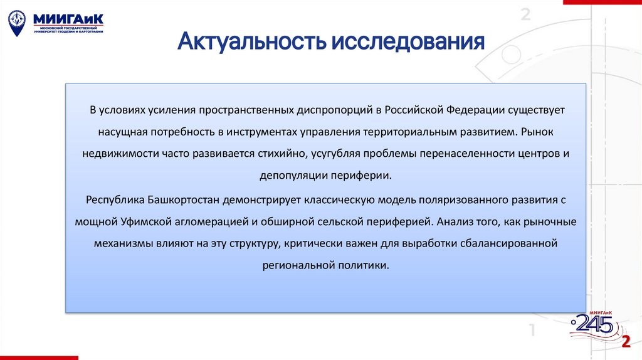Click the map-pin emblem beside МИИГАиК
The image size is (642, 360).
(x=17, y=22)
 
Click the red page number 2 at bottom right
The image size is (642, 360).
(x=625, y=341)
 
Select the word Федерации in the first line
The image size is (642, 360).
(x=476, y=110)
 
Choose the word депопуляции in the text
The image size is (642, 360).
(x=293, y=175)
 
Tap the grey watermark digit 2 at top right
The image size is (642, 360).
(x=525, y=14)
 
